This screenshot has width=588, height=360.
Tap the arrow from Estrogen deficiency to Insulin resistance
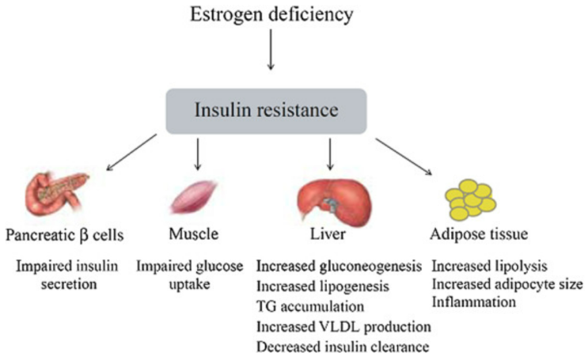click(x=271, y=55)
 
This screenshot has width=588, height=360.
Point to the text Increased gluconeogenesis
click(x=343, y=265)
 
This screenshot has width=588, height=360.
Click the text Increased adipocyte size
click(x=506, y=283)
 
